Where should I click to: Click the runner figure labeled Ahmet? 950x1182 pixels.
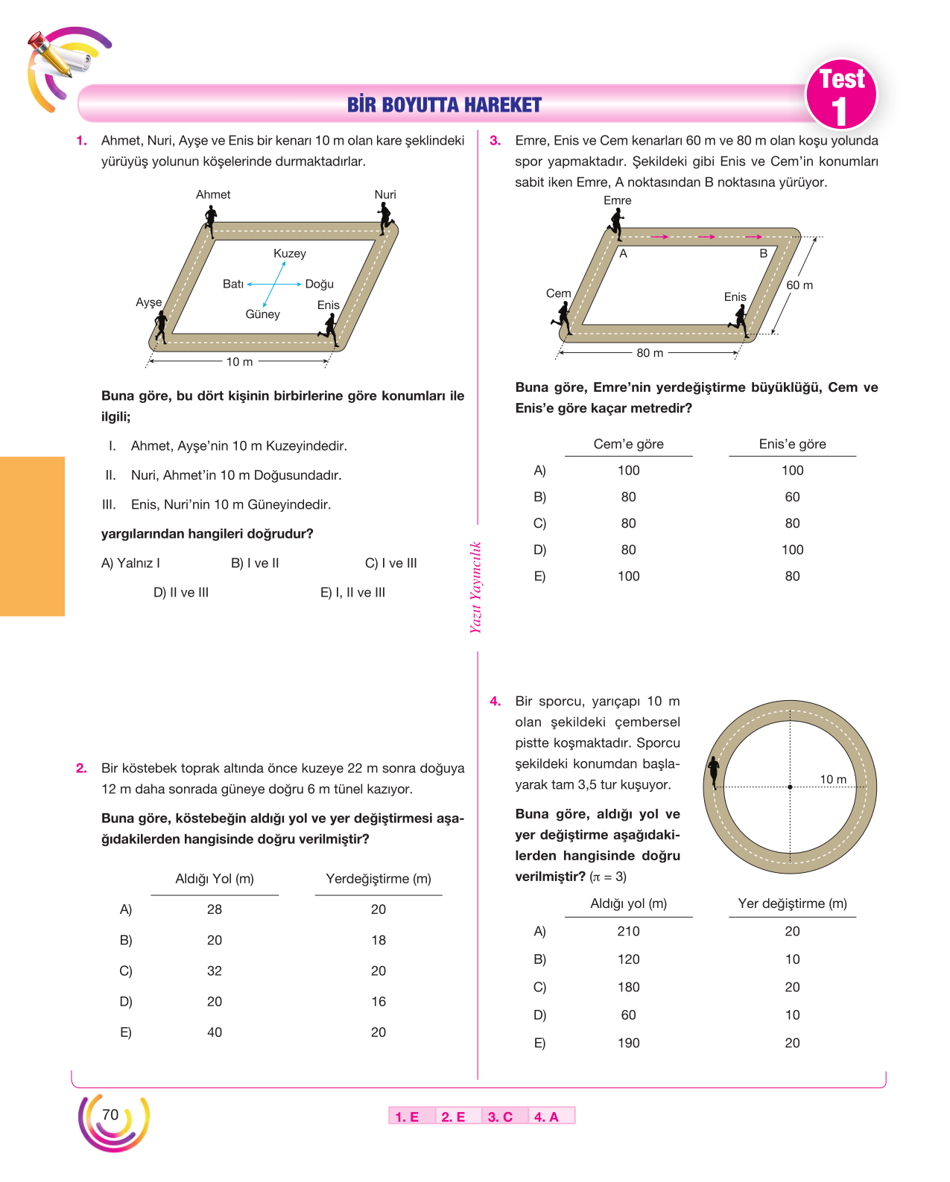(x=210, y=221)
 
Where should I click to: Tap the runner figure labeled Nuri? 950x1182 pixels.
(x=385, y=218)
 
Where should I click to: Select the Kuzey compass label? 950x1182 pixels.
(x=290, y=253)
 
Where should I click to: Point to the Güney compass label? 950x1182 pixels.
(x=262, y=314)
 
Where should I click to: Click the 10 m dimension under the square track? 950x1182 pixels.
(x=240, y=362)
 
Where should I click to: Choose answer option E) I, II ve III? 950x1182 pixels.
(x=352, y=593)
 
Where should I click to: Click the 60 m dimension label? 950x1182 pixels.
(x=799, y=285)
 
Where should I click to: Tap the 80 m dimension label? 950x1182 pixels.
(x=650, y=352)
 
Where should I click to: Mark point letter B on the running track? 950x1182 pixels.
(x=763, y=253)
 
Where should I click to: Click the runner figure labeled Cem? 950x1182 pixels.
(x=563, y=319)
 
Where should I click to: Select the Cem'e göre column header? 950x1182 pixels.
(x=629, y=444)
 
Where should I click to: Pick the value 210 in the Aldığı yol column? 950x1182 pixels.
(x=628, y=931)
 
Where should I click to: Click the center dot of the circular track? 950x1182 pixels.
(x=790, y=787)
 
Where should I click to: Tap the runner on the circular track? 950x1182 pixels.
(x=714, y=772)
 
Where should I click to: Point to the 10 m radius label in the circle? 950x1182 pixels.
(x=833, y=779)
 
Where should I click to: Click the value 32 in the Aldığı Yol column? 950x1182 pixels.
(x=215, y=970)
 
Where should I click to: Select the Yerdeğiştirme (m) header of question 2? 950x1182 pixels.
(x=379, y=879)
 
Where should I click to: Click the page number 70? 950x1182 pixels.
(x=110, y=1114)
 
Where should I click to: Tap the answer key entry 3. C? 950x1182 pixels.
(x=500, y=1117)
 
